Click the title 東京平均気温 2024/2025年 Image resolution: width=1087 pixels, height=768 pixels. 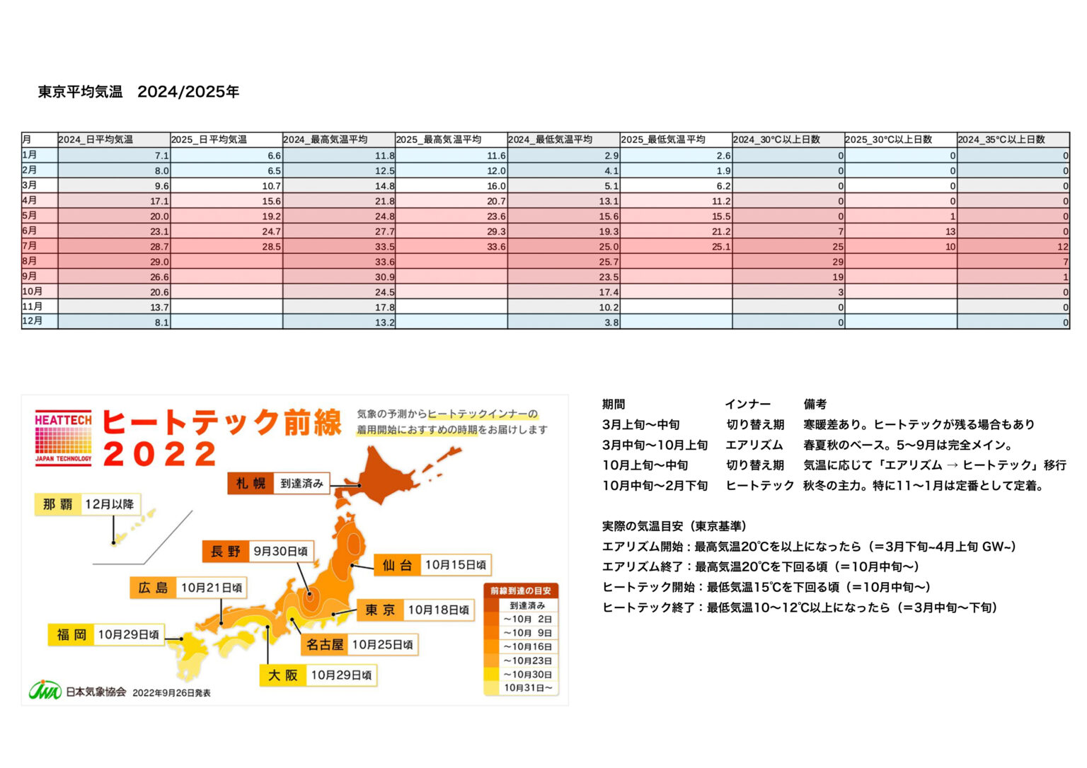click(x=139, y=92)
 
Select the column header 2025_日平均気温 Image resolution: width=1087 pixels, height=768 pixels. click(x=209, y=139)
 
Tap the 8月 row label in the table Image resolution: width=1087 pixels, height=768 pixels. click(x=30, y=261)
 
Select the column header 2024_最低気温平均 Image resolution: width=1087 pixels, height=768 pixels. click(x=551, y=139)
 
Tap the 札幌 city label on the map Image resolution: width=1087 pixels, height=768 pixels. click(x=251, y=484)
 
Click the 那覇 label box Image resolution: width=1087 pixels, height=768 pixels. click(x=58, y=504)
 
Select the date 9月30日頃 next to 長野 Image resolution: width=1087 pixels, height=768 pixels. click(x=280, y=551)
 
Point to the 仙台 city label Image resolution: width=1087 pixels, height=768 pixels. click(x=397, y=565)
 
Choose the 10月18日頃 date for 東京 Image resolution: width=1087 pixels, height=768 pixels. click(x=438, y=610)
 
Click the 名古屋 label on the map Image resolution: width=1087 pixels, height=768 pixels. click(x=325, y=644)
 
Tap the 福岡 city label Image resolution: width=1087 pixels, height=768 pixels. click(x=71, y=634)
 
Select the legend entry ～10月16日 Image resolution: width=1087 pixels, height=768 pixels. click(x=527, y=646)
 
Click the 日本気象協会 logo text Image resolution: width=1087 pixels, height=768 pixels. click(x=96, y=692)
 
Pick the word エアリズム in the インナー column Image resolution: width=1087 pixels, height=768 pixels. click(x=754, y=445)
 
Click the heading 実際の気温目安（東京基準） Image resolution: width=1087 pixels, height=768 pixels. click(x=674, y=526)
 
